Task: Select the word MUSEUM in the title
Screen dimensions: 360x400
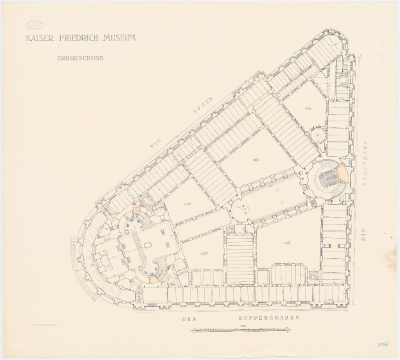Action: pyautogui.click(x=121, y=38)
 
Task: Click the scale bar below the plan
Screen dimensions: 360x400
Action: pyautogui.click(x=241, y=330)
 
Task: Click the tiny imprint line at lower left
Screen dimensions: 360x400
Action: pyautogui.click(x=44, y=328)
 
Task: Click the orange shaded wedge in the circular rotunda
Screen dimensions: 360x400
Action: pyautogui.click(x=345, y=173)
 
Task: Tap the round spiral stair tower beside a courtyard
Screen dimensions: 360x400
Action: pyautogui.click(x=316, y=136)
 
